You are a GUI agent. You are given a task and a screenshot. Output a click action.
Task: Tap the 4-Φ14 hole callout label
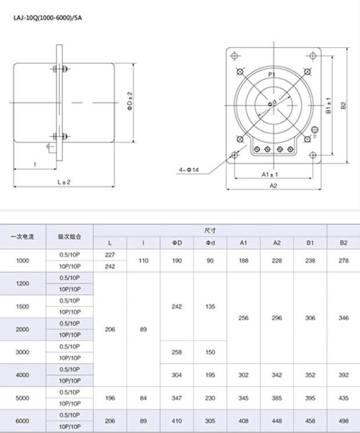click(189, 170)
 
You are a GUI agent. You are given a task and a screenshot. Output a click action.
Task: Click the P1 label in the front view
click(271, 76)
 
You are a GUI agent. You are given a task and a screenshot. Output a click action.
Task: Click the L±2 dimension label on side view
click(64, 182)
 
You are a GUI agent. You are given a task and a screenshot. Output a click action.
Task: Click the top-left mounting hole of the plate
click(235, 56)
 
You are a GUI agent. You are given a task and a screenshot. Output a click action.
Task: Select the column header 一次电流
click(23, 237)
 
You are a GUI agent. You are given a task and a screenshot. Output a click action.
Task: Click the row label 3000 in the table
click(23, 352)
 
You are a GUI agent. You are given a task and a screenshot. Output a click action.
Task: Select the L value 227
click(110, 255)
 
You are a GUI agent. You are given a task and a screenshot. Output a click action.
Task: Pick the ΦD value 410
click(177, 421)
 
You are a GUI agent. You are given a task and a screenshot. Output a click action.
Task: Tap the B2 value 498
click(343, 421)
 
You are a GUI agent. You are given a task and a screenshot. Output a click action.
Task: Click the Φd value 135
click(210, 306)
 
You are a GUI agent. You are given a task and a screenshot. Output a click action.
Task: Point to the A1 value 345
click(244, 398)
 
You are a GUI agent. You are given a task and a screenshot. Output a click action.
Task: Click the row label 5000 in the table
click(23, 398)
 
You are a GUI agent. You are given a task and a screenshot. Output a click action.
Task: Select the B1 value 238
click(310, 261)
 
